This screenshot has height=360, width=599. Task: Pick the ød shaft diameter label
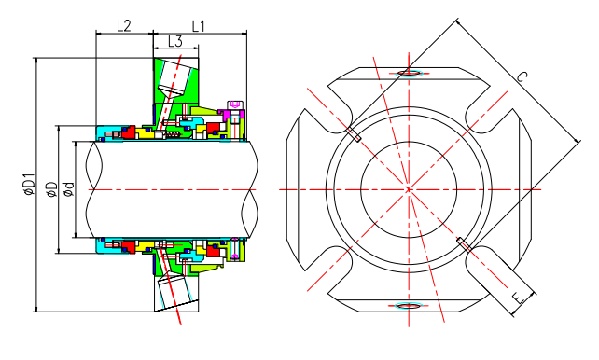(68, 189)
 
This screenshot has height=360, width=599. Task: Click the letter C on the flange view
(521, 81)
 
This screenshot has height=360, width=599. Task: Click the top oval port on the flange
(408, 72)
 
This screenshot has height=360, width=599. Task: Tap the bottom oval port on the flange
(408, 306)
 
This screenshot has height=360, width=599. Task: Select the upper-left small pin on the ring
(355, 136)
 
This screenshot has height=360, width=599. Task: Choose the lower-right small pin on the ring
(462, 243)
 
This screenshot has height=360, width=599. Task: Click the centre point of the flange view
(408, 189)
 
